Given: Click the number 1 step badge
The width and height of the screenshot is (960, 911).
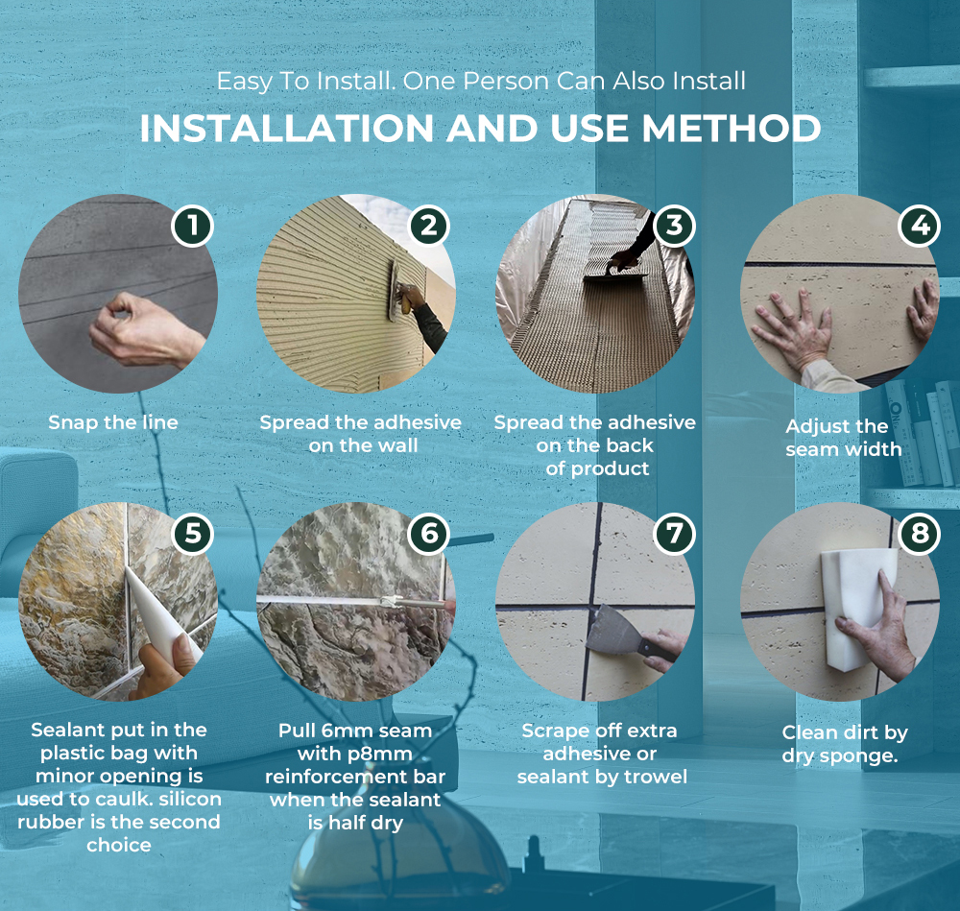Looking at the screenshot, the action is tap(192, 226).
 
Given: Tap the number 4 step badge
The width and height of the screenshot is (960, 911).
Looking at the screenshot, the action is tap(920, 226).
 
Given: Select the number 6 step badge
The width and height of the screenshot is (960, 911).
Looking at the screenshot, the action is tap(429, 534).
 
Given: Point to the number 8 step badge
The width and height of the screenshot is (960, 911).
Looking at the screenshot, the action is tap(920, 534).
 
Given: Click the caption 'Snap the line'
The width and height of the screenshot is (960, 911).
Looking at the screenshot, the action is tap(113, 422).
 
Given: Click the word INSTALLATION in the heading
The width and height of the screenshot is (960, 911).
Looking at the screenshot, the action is tap(287, 129).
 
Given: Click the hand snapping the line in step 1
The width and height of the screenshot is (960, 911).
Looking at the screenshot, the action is tap(144, 330).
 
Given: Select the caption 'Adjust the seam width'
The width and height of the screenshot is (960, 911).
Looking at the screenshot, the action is tap(843, 438).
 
